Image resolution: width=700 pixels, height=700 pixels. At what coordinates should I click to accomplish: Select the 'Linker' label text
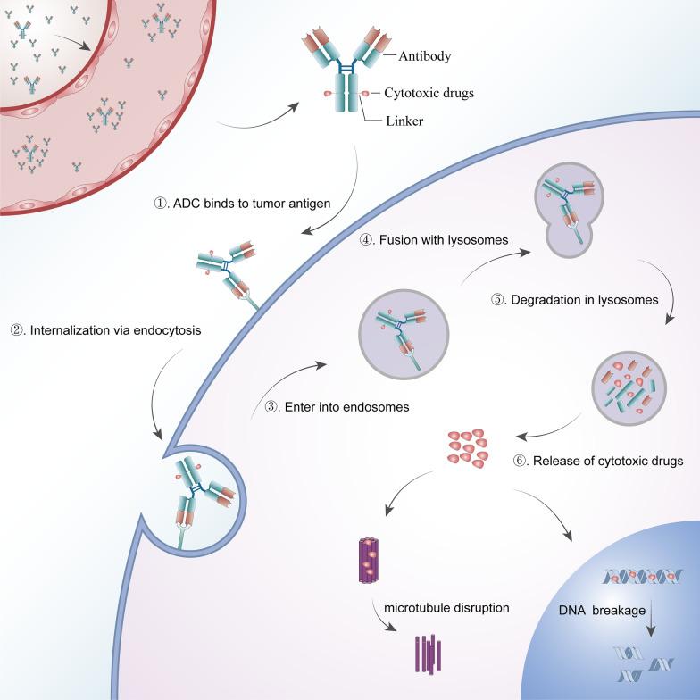pyautogui.click(x=404, y=121)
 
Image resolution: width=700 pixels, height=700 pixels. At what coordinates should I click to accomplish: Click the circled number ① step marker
pyautogui.click(x=161, y=203)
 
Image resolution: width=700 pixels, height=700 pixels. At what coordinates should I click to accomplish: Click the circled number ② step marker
pyautogui.click(x=16, y=330)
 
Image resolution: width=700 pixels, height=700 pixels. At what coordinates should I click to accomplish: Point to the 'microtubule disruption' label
pyautogui.click(x=446, y=608)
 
